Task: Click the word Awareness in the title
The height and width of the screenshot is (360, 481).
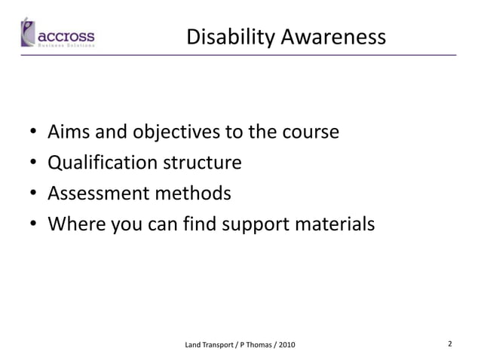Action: (333, 37)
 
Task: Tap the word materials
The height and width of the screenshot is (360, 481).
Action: (335, 224)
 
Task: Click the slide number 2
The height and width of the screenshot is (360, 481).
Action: (450, 344)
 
